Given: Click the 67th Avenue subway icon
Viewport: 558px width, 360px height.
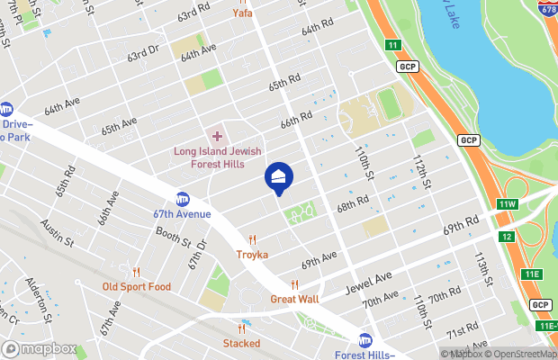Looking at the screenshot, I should point(183,199).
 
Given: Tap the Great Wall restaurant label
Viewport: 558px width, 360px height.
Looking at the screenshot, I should point(295,299).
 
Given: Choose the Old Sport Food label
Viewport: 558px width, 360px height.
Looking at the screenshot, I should point(136,287).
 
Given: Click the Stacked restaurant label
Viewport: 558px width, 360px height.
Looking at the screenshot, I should point(242,343).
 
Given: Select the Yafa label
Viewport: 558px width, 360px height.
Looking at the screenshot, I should point(242,13).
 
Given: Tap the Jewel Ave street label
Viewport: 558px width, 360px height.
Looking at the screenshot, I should point(370,284).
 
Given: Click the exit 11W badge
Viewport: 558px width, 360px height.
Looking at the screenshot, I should point(508,204).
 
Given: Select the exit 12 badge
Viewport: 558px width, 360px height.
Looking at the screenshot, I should point(506,236).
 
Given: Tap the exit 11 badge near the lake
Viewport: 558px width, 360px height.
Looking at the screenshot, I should point(392,44).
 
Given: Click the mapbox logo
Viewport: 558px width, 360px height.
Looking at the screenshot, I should point(40,348).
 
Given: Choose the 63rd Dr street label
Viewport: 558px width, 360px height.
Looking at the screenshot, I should point(142,56).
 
